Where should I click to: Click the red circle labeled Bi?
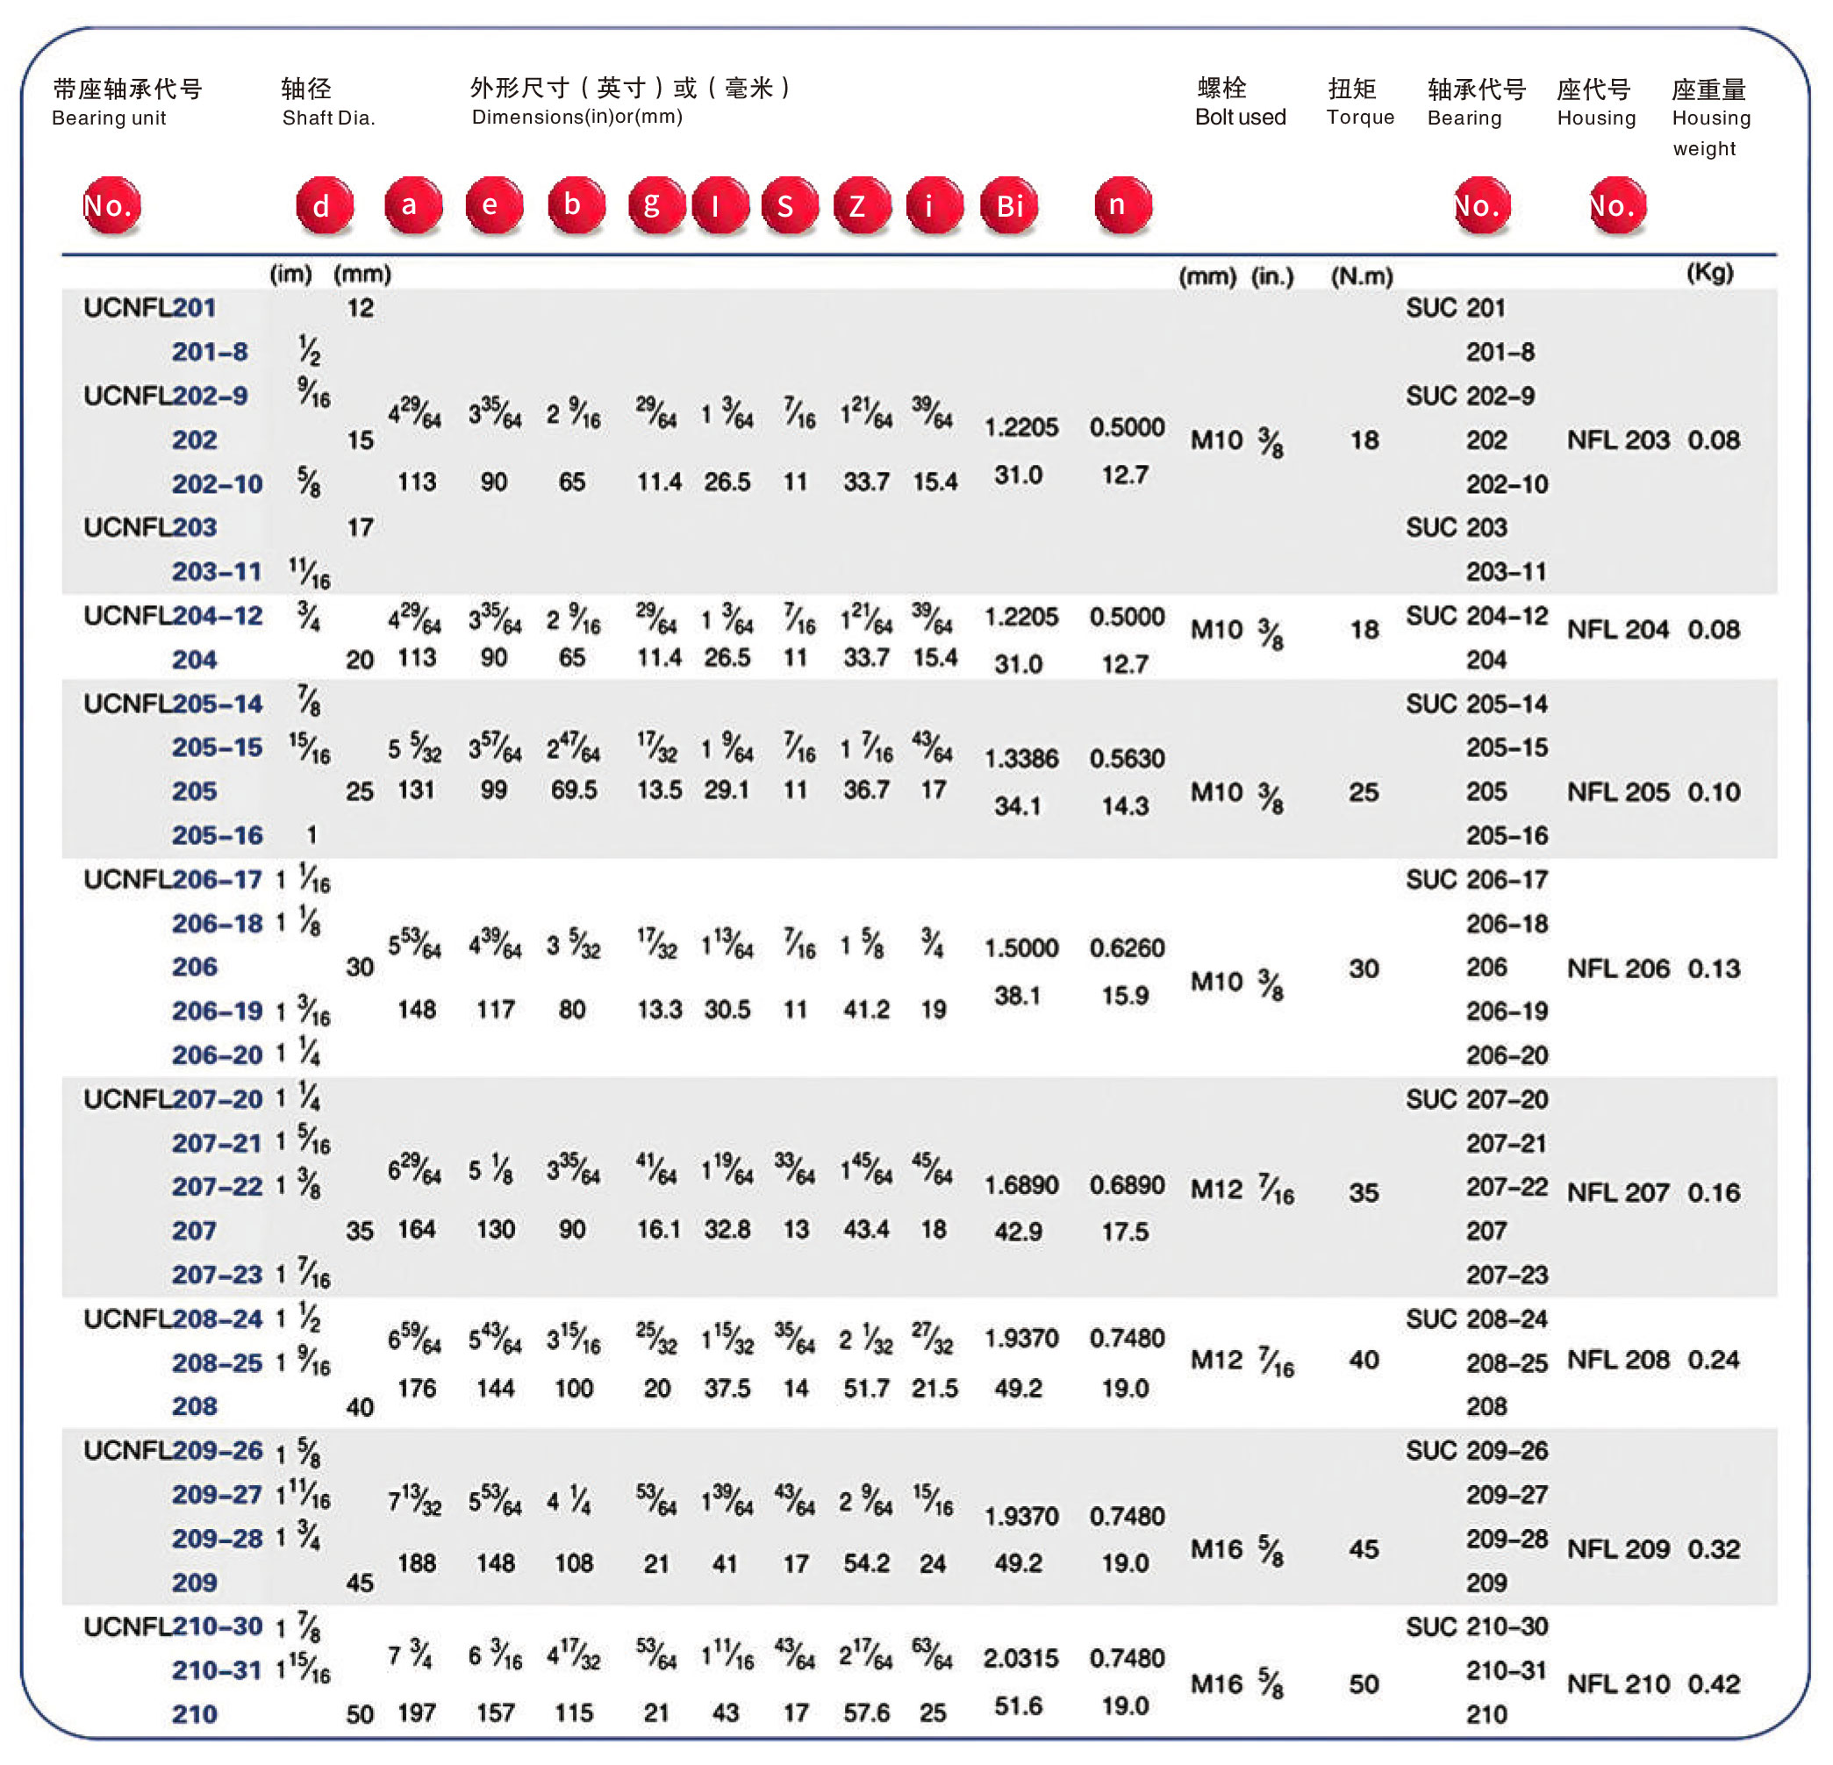pyautogui.click(x=1009, y=204)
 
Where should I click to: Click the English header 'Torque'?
pyautogui.click(x=1360, y=117)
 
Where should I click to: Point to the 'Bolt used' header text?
pyautogui.click(x=1240, y=117)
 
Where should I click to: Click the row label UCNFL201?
pyautogui.click(x=150, y=308)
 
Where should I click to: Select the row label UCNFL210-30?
pyautogui.click(x=173, y=1626)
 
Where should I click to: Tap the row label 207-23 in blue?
pyautogui.click(x=217, y=1275)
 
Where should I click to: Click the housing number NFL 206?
pyautogui.click(x=1618, y=968)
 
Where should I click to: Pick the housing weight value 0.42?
pyautogui.click(x=1714, y=1683)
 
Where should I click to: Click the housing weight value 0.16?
pyautogui.click(x=1714, y=1192)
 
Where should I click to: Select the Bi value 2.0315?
pyautogui.click(x=1021, y=1659)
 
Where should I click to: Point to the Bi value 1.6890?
pyautogui.click(x=1021, y=1184)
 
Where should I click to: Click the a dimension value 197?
pyautogui.click(x=417, y=1712)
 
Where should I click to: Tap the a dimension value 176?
pyautogui.click(x=417, y=1389)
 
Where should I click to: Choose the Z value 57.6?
pyautogui.click(x=866, y=1712)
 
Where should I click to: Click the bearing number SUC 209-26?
pyautogui.click(x=1477, y=1450)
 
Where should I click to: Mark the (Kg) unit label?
pyautogui.click(x=1709, y=273)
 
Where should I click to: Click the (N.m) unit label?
pyautogui.click(x=1362, y=275)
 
